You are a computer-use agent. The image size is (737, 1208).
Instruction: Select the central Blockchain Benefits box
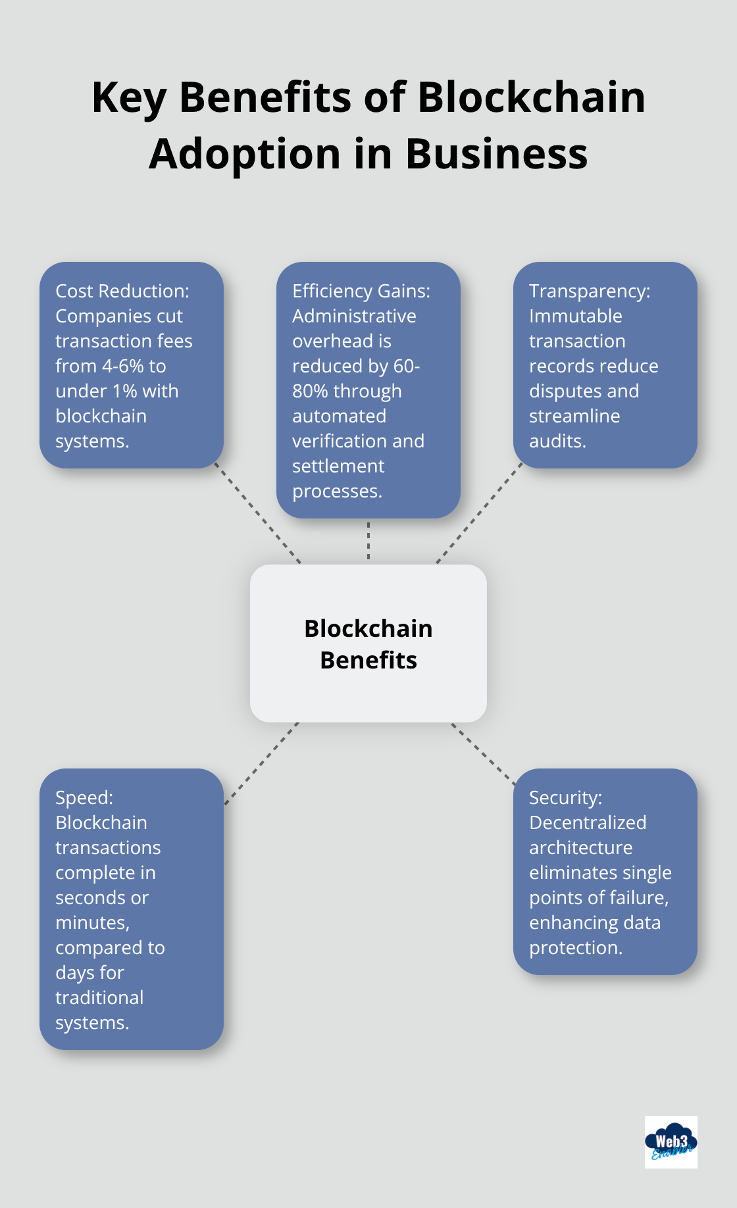click(368, 643)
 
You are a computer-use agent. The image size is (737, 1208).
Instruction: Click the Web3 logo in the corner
click(671, 1142)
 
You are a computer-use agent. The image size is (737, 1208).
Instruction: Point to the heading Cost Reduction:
click(122, 291)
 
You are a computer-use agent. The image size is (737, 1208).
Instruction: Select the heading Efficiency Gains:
click(361, 291)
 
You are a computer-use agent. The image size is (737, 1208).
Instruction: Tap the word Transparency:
click(590, 291)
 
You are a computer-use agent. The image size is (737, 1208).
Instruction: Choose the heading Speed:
click(84, 797)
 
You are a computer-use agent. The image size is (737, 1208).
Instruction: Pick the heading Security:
click(566, 797)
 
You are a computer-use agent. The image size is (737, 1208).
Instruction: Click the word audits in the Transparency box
click(556, 441)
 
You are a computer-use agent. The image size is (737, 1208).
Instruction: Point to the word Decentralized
click(588, 822)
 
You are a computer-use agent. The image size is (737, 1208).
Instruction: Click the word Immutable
click(576, 316)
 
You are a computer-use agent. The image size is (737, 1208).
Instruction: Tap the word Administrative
click(354, 316)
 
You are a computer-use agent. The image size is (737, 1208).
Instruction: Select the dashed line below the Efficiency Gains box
click(368, 541)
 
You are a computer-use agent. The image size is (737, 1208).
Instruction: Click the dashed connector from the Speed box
click(261, 763)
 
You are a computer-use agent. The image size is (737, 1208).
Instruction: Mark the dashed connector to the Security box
click(483, 753)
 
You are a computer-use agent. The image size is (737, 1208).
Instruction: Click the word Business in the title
click(496, 155)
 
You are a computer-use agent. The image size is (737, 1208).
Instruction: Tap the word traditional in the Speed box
click(99, 997)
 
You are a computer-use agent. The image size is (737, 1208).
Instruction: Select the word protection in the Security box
click(574, 947)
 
